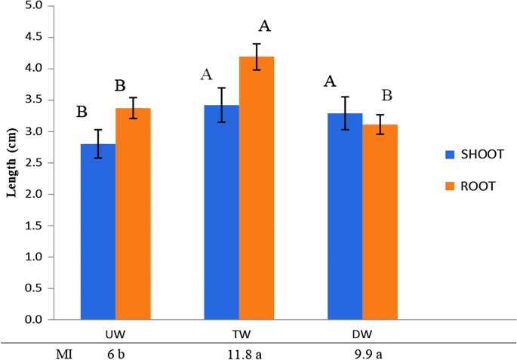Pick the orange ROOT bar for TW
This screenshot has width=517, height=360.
point(257,188)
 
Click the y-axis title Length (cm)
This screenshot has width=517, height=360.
point(12,162)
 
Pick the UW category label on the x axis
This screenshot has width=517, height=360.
point(115,333)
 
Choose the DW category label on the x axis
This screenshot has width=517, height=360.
point(362,333)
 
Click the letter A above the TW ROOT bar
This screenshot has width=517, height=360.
point(264,26)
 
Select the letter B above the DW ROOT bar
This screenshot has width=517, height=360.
point(386,96)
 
